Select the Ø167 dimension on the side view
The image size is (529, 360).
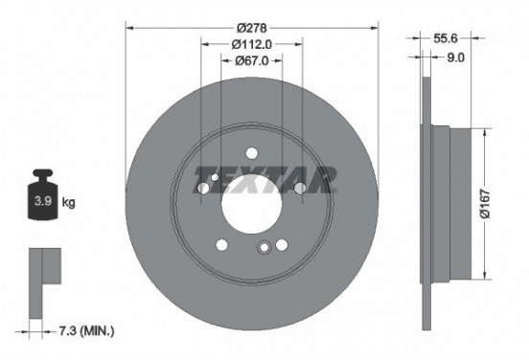[x=487, y=202]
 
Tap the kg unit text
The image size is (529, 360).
[x=70, y=203]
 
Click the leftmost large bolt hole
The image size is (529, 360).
[x=203, y=189]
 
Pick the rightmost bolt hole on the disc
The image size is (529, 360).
[x=299, y=189]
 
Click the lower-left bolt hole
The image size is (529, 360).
[x=222, y=243]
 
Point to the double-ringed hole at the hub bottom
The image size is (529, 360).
[x=264, y=248]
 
